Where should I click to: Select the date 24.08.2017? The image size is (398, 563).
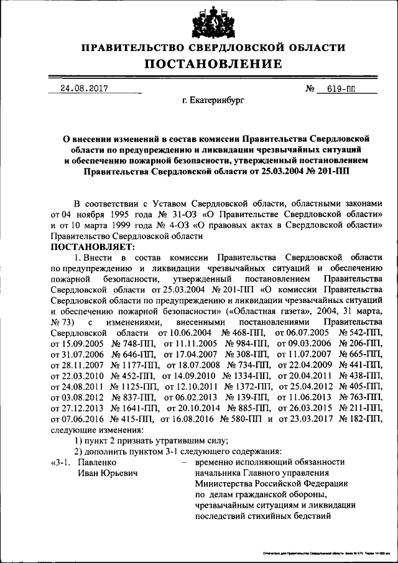(x=80, y=89)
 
